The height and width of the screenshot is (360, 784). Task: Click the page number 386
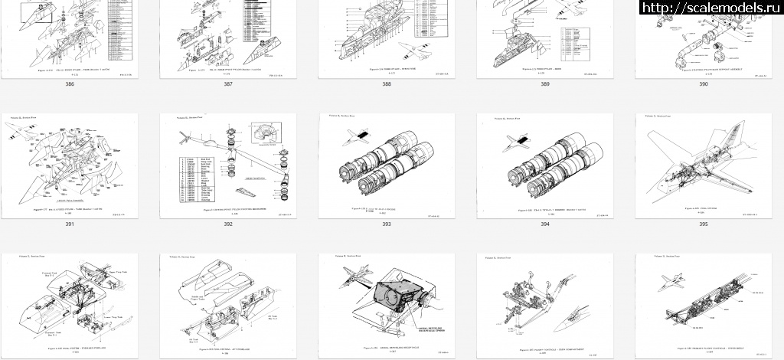coord(70,83)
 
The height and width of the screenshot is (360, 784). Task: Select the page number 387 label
coord(228,83)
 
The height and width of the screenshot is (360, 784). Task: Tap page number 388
coord(387,83)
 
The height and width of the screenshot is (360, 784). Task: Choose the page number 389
coord(544,83)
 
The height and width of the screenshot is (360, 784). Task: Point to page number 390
coord(703,83)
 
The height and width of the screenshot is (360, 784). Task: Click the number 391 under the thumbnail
coord(70,224)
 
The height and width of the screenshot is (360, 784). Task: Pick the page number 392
coord(228,224)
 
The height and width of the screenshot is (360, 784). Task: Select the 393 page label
coord(387,224)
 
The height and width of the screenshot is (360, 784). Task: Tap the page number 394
coord(544,224)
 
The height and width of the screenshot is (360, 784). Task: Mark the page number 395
coord(703,224)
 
